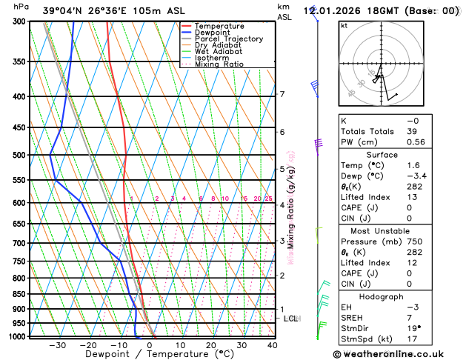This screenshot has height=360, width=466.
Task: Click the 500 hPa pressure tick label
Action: pyautogui.click(x=19, y=156)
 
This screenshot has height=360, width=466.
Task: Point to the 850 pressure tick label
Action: pyautogui.click(x=19, y=294)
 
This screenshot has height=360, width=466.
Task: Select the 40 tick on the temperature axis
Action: pyautogui.click(x=272, y=345)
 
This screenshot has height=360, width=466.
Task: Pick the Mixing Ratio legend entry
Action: pyautogui.click(x=219, y=64)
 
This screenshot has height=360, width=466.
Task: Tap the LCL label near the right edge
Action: pyautogui.click(x=290, y=319)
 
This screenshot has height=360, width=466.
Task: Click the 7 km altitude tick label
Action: pyautogui.click(x=282, y=94)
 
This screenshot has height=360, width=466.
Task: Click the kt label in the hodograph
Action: pyautogui.click(x=344, y=26)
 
